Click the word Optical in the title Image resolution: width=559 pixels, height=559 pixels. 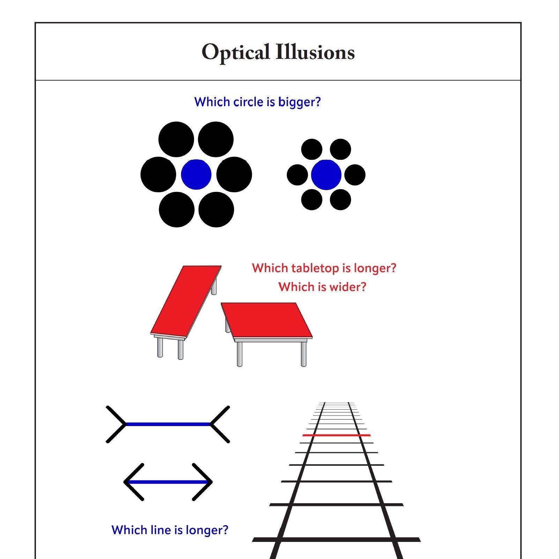[236, 53]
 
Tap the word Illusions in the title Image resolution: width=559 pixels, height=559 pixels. [315, 53]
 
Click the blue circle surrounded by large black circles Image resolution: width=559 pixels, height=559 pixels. [196, 174]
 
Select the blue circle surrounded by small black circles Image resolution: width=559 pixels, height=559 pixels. [326, 175]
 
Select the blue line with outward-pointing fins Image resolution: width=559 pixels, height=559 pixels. [167, 424]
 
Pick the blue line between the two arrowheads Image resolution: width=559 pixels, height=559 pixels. [168, 482]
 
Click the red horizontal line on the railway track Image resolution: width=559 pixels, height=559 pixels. [336, 435]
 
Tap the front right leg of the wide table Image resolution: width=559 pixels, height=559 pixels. [303, 354]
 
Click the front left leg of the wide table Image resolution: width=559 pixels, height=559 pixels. [239, 354]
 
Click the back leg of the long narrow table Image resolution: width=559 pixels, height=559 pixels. [214, 287]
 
